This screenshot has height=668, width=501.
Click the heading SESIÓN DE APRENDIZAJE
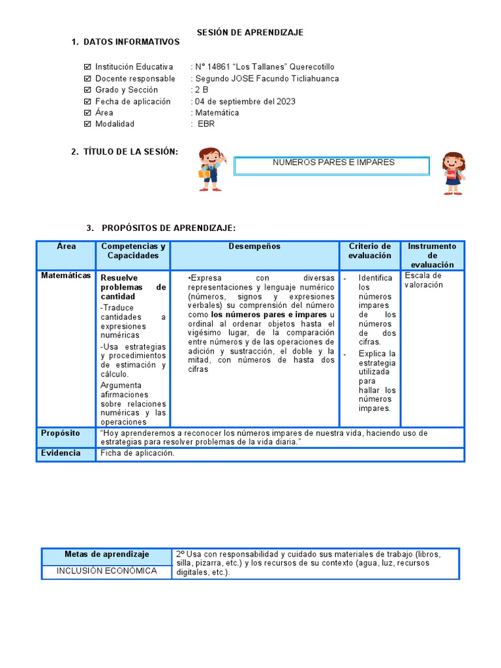(250, 32)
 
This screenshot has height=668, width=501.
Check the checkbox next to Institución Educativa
(88, 67)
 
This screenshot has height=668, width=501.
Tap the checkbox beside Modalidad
(88, 124)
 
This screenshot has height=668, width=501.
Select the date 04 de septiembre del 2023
(245, 101)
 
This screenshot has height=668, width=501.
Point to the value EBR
(206, 124)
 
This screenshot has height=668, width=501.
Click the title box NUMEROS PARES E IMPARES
(331, 166)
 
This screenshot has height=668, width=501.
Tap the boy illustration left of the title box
(211, 170)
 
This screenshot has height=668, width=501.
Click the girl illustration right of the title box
(453, 173)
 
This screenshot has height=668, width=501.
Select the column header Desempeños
(254, 247)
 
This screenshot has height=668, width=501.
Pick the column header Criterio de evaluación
(369, 251)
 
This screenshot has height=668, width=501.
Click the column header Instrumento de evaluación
(432, 255)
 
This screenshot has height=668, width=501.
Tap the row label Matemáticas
(66, 276)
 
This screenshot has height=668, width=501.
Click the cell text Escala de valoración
(423, 281)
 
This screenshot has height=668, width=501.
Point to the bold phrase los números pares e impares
(269, 314)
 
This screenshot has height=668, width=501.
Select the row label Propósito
(61, 433)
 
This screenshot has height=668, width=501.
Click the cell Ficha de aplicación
(138, 453)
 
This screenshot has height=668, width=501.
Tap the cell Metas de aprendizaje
(107, 554)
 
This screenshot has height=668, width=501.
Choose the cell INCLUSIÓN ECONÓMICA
(107, 571)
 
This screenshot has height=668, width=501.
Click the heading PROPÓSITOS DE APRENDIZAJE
(168, 228)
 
